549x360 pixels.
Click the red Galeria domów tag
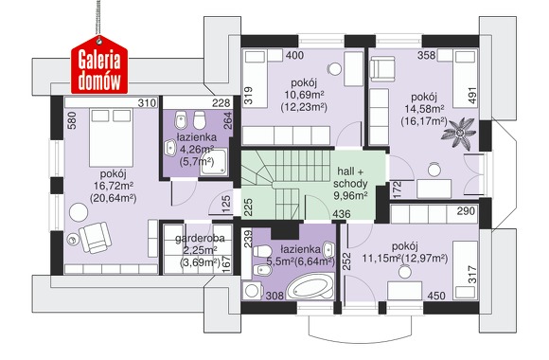point(99,66)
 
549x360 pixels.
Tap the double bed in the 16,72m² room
point(112,137)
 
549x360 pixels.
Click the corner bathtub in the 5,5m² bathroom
point(310,286)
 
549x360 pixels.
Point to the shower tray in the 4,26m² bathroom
point(213,162)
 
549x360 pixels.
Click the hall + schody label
point(350,177)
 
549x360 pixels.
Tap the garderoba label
point(200,239)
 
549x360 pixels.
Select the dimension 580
point(73,120)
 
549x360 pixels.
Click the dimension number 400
point(294,55)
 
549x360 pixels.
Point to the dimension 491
point(472,95)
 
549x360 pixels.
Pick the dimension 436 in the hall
point(342,213)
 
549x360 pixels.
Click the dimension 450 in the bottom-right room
point(436,296)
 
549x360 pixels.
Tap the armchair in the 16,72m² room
point(96,237)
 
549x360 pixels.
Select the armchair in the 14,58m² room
point(383,68)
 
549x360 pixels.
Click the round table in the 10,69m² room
point(335,69)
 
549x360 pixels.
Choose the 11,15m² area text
point(381,259)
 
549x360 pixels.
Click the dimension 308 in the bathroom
point(274,296)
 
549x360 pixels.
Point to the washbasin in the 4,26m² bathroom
point(170,148)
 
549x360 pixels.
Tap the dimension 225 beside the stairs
point(248,207)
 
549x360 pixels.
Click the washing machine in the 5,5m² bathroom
point(252,290)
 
